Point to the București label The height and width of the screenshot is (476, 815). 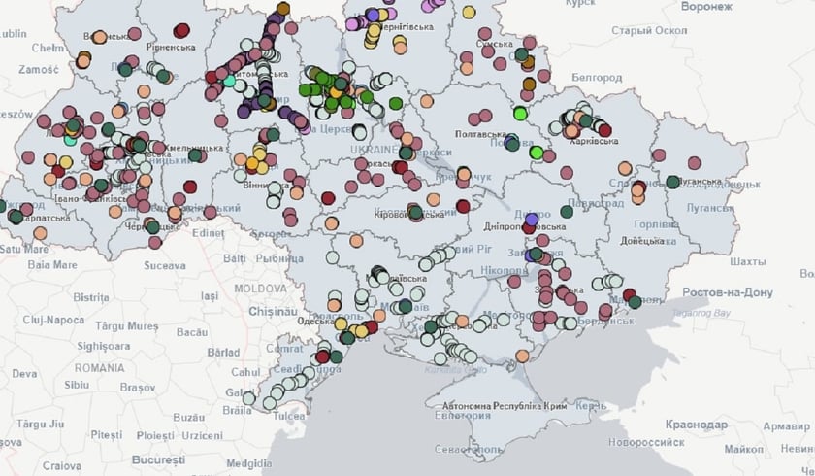click(158, 458)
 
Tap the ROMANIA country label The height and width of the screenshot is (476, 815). click(99, 369)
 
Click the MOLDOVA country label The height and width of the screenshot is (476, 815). click(260, 289)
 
